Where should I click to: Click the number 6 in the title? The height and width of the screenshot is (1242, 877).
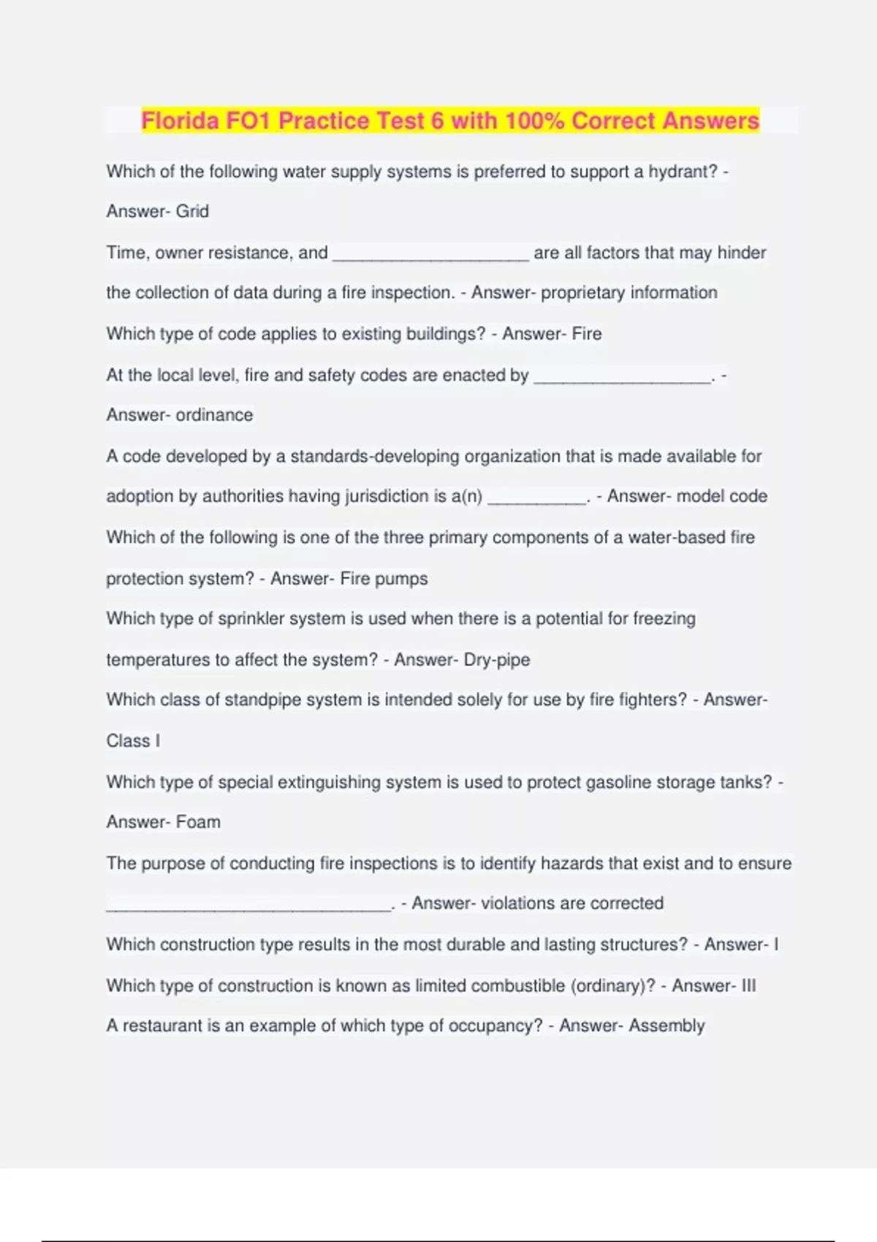(x=437, y=121)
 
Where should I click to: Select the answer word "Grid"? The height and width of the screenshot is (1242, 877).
(x=192, y=211)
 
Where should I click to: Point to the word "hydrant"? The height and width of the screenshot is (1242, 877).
(x=683, y=172)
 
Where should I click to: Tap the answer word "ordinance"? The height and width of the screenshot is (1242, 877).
(x=214, y=415)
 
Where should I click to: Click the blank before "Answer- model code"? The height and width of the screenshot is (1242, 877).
(x=536, y=498)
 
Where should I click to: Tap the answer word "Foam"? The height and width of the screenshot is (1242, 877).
(x=198, y=822)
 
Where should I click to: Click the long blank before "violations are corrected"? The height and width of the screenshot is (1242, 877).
(x=248, y=906)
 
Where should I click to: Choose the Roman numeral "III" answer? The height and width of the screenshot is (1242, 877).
(x=748, y=986)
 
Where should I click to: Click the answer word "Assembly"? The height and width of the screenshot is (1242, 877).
(x=667, y=1026)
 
